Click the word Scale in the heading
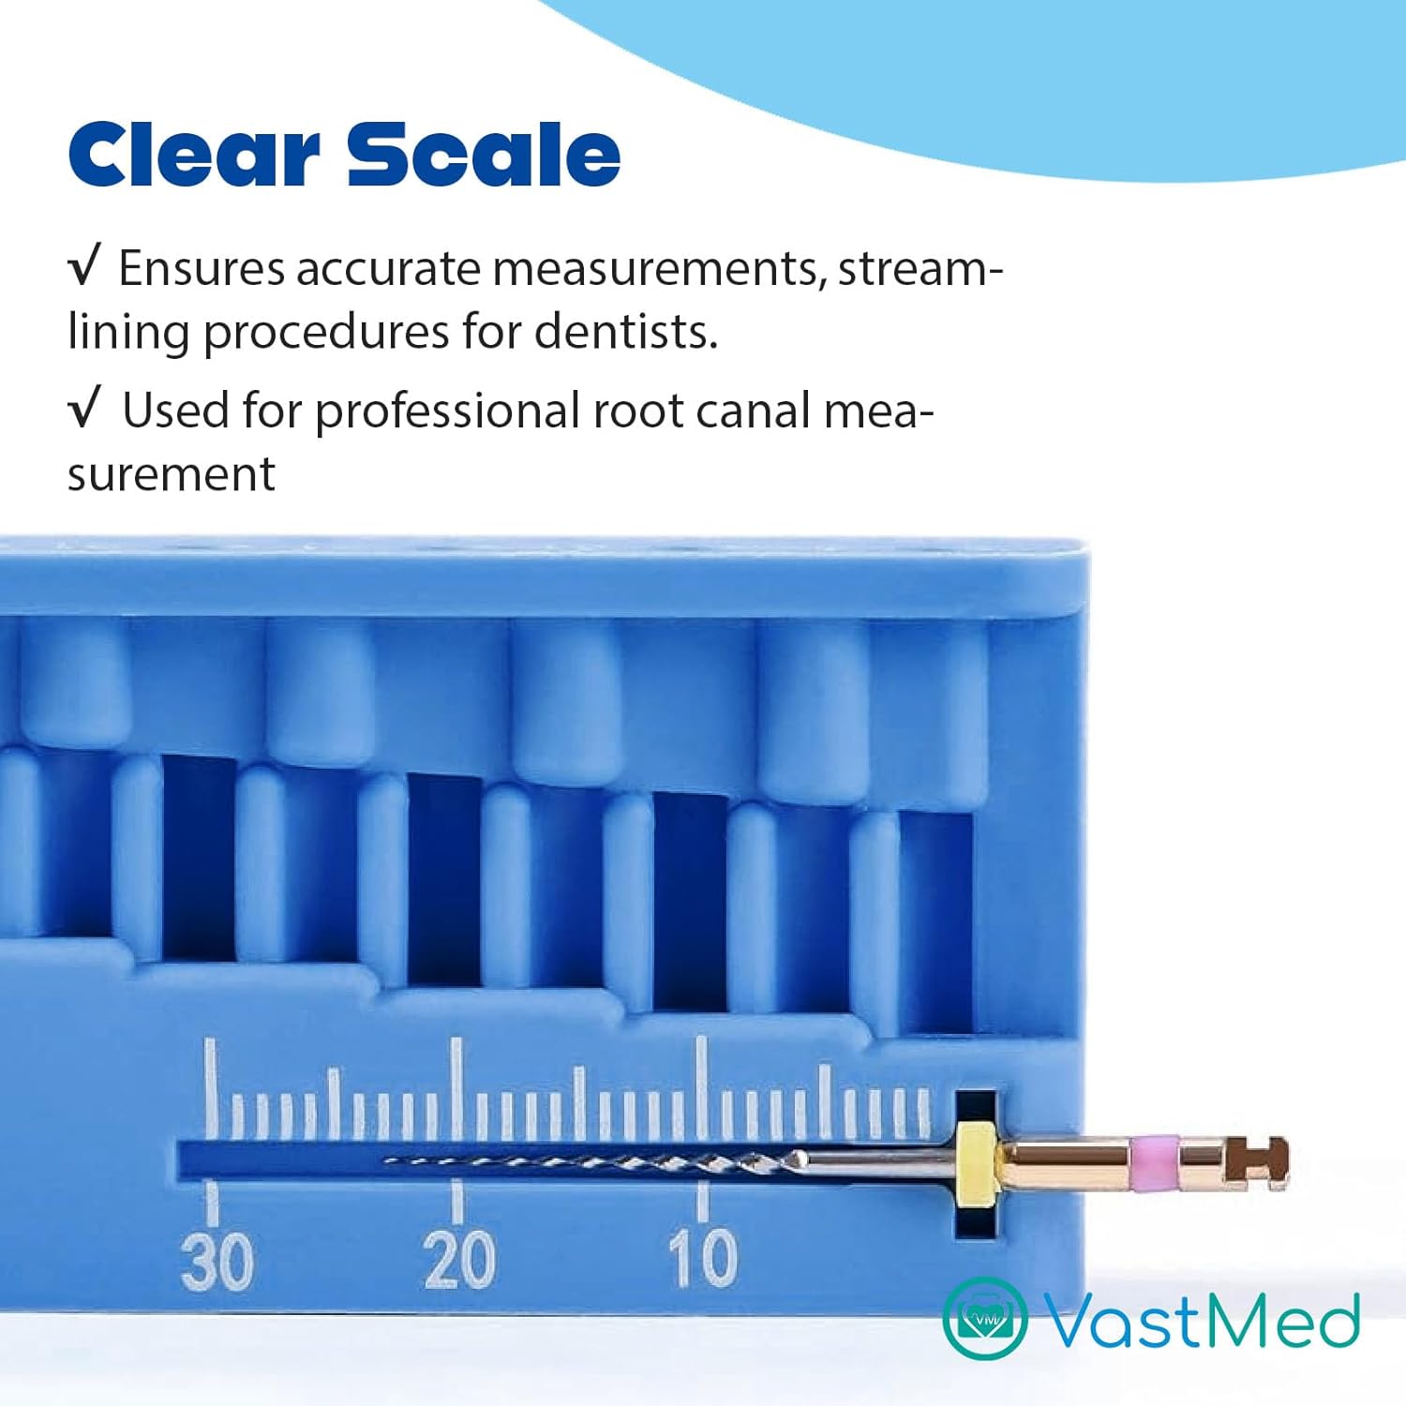point(484,154)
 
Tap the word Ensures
point(202,268)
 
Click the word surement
point(172,474)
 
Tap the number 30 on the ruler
point(217,1261)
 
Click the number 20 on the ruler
point(459,1261)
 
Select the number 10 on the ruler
point(703,1259)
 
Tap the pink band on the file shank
point(1155,1160)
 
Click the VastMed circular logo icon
point(984,1318)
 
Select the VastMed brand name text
point(1202,1320)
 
